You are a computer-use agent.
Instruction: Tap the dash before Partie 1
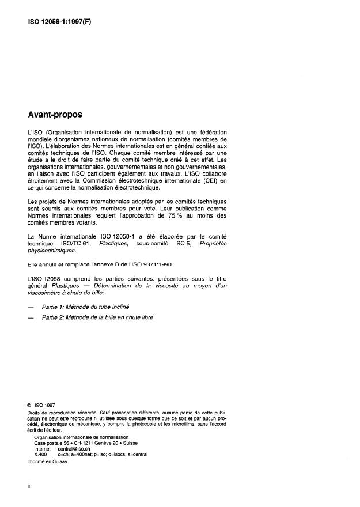click(x=31, y=307)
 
